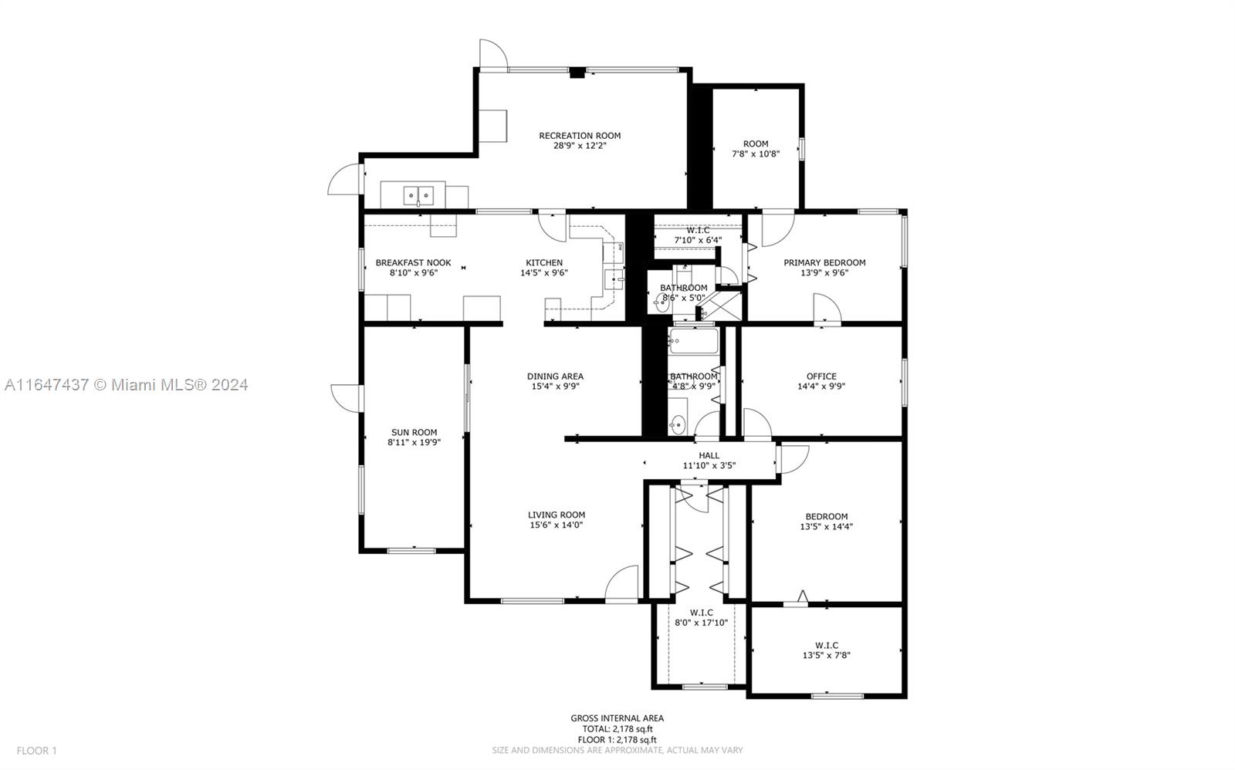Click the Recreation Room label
[580, 136]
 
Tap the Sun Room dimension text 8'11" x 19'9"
[414, 442]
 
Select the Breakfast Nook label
[413, 263]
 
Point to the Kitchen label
[544, 263]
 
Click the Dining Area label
[555, 377]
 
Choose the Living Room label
[557, 515]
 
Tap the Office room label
[821, 377]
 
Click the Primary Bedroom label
[825, 263]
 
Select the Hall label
[709, 455]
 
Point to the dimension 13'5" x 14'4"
[827, 526]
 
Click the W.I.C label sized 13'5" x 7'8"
[827, 646]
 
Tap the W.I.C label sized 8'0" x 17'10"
[702, 613]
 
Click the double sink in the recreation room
[418, 196]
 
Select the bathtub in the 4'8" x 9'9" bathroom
[694, 341]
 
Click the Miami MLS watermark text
[127, 385]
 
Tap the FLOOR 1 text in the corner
[36, 751]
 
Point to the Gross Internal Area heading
[617, 718]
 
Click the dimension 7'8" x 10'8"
[756, 154]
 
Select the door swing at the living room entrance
[621, 584]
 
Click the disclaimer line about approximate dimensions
[617, 750]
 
